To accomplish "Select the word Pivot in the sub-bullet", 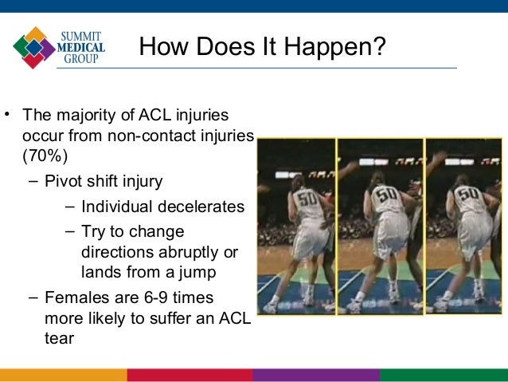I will tap(61, 180).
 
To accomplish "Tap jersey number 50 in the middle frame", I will tap(387, 194).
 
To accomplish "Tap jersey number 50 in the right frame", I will tap(469, 194).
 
